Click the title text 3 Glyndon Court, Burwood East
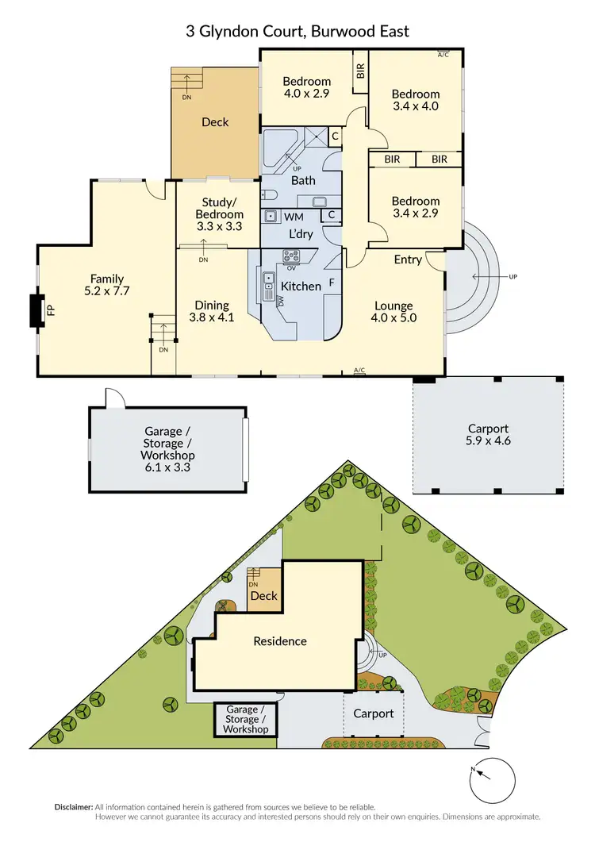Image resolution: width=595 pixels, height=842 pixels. click(x=297, y=31)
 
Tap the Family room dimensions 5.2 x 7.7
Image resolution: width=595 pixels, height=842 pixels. click(x=106, y=291)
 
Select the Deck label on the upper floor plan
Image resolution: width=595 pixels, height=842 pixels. click(x=214, y=121)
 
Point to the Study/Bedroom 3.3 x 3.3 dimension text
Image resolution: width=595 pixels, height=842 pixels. click(x=219, y=226)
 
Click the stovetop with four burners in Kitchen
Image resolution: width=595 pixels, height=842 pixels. click(x=291, y=257)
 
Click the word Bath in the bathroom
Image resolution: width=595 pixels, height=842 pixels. click(x=303, y=181)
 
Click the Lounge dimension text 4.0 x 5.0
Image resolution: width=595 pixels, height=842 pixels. click(x=393, y=318)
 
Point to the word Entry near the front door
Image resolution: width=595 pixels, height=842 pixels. click(x=408, y=260)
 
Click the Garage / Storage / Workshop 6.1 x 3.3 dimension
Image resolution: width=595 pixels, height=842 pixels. click(x=167, y=467)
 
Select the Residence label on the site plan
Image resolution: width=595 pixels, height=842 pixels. click(x=279, y=641)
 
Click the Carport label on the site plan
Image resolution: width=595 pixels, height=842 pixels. click(x=373, y=713)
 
